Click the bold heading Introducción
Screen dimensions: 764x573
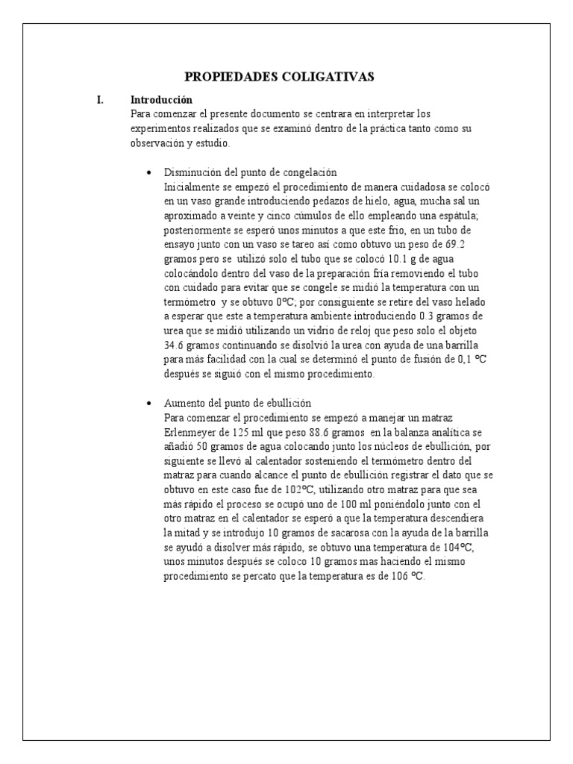pyautogui.click(x=161, y=99)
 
